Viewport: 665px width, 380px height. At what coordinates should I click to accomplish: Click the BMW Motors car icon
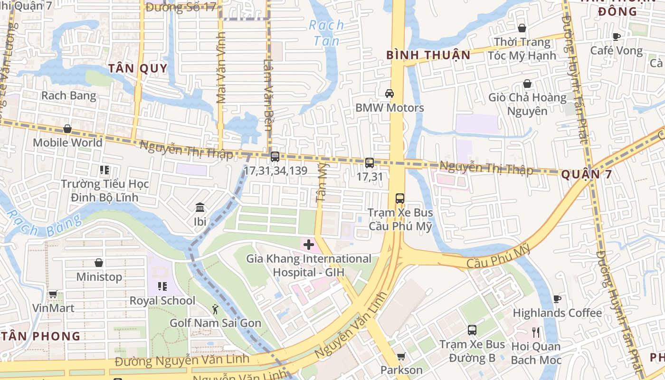click(389, 94)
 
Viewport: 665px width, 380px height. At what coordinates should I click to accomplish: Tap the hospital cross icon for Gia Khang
click(309, 245)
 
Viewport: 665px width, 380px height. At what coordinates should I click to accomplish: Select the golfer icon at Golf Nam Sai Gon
click(216, 309)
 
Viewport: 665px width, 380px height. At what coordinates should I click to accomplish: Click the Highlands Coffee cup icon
click(557, 299)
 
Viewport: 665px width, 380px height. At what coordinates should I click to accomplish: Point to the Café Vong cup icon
click(617, 37)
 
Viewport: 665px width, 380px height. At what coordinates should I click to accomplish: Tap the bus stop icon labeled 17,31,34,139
click(275, 157)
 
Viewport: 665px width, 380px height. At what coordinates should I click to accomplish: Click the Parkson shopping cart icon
click(401, 356)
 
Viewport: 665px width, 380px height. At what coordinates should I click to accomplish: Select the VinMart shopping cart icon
click(53, 294)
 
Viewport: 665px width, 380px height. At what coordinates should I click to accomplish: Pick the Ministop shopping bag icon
click(99, 263)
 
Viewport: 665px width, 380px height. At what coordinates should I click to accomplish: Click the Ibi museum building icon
click(200, 208)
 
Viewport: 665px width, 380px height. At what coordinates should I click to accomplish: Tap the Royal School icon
click(162, 286)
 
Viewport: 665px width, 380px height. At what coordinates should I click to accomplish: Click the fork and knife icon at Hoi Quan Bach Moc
click(536, 332)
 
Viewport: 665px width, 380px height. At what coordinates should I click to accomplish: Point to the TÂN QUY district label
click(138, 68)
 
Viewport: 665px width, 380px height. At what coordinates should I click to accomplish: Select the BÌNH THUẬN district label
click(428, 55)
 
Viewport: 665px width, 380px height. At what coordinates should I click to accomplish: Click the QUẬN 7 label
click(586, 175)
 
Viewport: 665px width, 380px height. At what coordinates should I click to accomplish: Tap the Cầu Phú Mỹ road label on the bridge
click(498, 256)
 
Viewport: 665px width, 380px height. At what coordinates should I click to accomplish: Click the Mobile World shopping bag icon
click(67, 129)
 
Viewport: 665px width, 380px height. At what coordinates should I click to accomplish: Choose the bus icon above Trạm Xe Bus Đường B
click(472, 330)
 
